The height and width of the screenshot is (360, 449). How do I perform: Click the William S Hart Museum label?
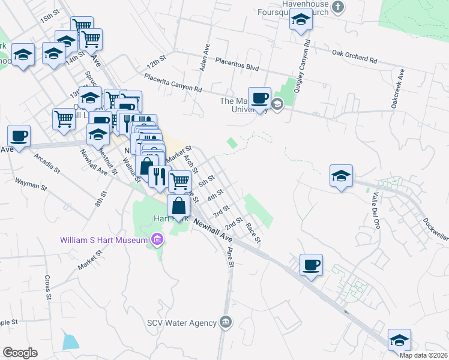coord(103,241)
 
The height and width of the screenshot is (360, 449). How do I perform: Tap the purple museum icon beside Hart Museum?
coord(157,241)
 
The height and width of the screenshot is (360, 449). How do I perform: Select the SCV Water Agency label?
coord(182,323)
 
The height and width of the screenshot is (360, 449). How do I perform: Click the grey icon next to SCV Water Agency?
coord(225,323)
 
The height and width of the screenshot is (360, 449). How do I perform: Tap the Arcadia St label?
coord(47,162)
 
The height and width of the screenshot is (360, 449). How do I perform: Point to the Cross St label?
coord(47,287)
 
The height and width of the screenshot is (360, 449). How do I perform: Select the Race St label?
coord(253,233)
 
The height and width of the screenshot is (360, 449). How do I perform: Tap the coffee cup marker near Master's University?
coord(260,98)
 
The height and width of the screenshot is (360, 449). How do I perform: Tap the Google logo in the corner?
coord(20,353)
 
